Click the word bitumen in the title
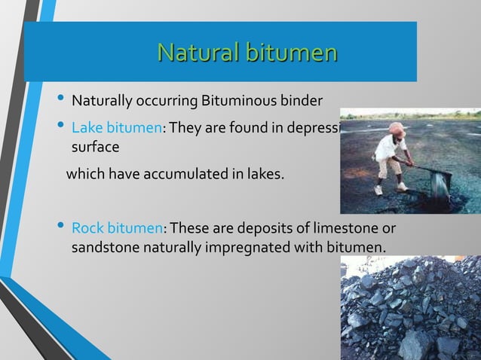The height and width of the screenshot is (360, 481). point(289,53)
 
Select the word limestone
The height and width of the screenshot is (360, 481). point(350,228)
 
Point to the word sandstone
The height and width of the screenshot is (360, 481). point(104,246)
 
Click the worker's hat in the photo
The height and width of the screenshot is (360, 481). point(397,129)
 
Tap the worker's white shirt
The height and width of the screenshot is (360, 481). point(391,147)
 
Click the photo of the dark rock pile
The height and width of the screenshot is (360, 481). point(410,309)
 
